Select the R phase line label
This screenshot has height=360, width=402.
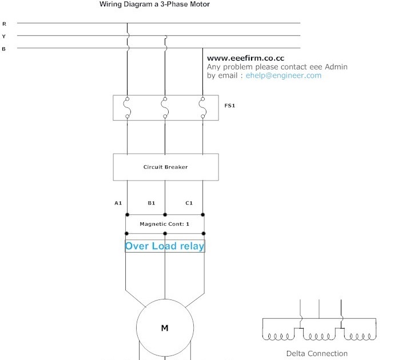tap(5, 24)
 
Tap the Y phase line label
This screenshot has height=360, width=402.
tap(5, 36)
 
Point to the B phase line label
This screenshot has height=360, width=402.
tap(5, 49)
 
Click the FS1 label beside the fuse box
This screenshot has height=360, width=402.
tap(230, 106)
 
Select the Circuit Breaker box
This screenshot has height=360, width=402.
tap(165, 167)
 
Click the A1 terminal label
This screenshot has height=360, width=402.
tap(118, 203)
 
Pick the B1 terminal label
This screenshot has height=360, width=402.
tap(152, 203)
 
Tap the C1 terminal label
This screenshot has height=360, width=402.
tap(189, 203)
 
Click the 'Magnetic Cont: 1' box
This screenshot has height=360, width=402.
tap(165, 224)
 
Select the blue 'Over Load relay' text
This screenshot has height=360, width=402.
tap(165, 246)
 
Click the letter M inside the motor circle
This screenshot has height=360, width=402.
tap(165, 328)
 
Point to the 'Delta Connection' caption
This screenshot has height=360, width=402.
tap(316, 353)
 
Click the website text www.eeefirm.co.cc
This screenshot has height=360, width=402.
tap(245, 58)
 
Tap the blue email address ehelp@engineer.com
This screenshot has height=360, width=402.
tap(284, 75)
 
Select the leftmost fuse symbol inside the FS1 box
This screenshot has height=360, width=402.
tap(127, 107)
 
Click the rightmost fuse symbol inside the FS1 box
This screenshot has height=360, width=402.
tap(203, 107)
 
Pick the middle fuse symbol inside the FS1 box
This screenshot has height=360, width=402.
tap(165, 107)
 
